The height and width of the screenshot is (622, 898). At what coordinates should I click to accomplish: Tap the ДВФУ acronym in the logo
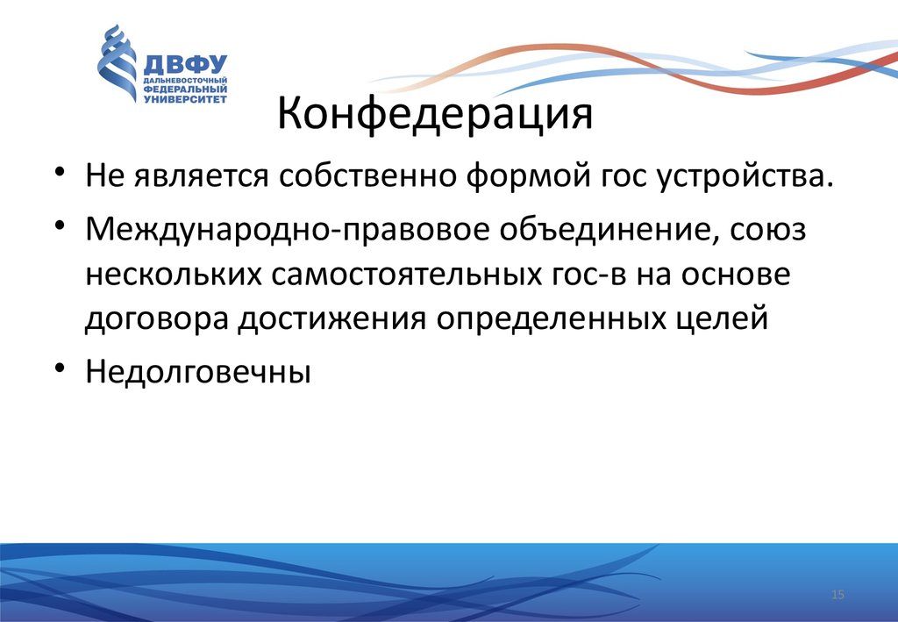[x=185, y=65]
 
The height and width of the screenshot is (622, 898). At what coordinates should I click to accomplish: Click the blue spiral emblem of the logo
[x=117, y=63]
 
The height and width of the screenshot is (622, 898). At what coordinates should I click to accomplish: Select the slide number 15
[x=837, y=595]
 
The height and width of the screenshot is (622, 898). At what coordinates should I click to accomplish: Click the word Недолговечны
[x=198, y=371]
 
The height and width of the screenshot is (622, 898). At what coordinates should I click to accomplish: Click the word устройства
[x=744, y=176]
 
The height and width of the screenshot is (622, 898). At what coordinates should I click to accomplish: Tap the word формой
[x=528, y=176]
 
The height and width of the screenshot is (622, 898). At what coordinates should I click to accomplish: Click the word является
[x=201, y=176]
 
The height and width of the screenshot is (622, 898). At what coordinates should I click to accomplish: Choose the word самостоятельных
[x=407, y=275]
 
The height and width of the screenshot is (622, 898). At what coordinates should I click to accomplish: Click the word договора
[x=157, y=319]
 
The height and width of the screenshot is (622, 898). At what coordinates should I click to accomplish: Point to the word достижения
[x=332, y=319]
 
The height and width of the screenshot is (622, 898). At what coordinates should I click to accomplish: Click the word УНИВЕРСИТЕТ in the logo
[x=185, y=99]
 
